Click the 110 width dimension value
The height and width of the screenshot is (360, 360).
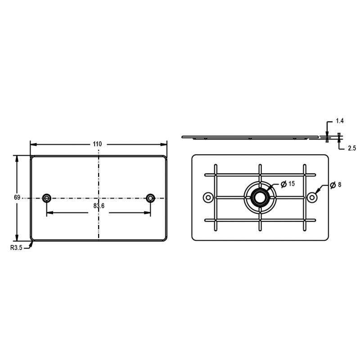(98, 144)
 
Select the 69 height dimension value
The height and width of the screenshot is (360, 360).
(17, 198)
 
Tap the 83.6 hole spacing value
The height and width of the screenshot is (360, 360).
(99, 206)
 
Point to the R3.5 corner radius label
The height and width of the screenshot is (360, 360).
(16, 247)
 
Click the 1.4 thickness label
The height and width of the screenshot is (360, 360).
(340, 121)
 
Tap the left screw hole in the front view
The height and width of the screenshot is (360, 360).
(47, 198)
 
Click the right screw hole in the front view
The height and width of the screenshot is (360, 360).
(150, 198)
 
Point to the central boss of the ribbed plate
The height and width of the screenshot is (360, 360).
(260, 197)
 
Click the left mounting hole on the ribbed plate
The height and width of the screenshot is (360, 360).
(208, 197)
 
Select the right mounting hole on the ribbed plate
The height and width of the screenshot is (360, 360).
(311, 197)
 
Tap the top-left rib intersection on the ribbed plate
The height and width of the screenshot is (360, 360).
(216, 175)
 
